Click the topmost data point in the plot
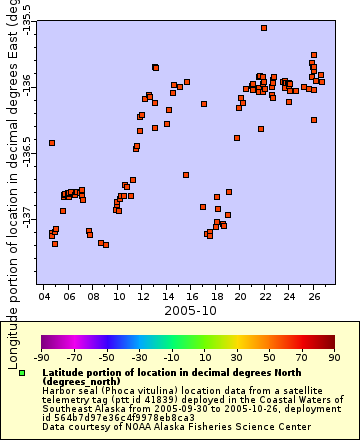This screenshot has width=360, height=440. pyautogui.click(x=264, y=28)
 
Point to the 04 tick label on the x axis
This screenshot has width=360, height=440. pyautogui.click(x=45, y=297)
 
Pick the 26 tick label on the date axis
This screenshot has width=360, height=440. pyautogui.click(x=314, y=297)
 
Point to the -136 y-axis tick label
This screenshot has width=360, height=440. pyautogui.click(x=27, y=79)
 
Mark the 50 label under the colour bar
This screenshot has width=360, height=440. pyautogui.click(x=270, y=356)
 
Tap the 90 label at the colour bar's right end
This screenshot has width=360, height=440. pyautogui.click(x=334, y=356)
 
